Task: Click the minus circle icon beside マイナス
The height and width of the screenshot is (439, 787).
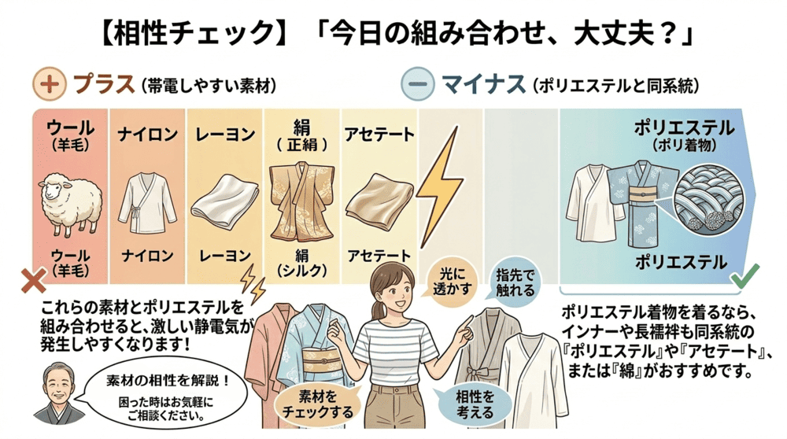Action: tap(416, 83)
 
